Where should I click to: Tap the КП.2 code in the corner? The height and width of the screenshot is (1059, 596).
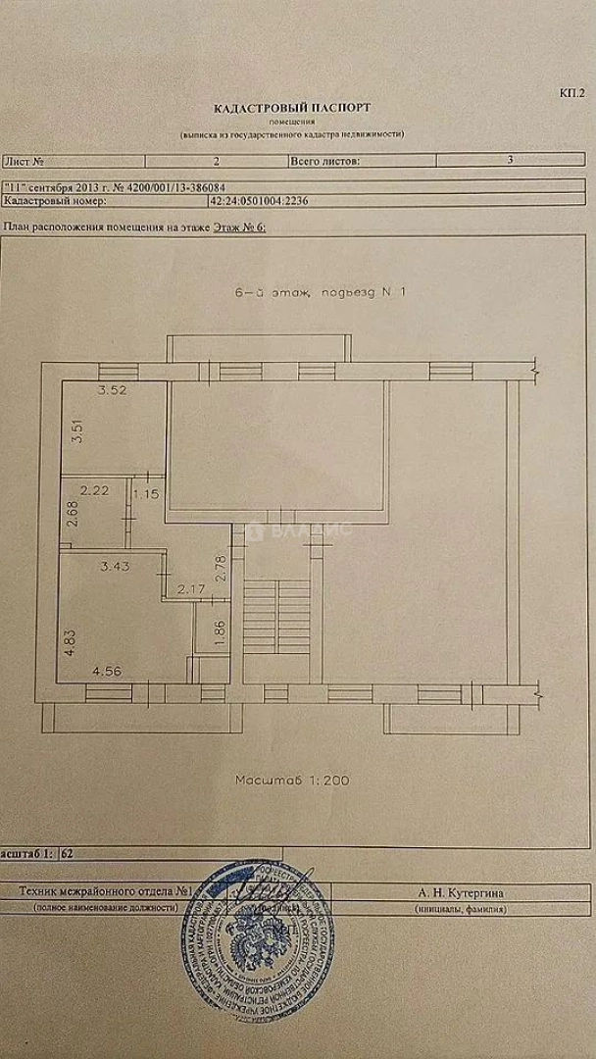(x=571, y=93)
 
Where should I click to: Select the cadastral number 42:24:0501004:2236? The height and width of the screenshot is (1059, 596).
(x=259, y=200)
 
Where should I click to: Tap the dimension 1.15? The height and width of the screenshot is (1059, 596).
(x=147, y=493)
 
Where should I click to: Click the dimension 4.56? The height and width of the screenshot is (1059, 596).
(x=108, y=673)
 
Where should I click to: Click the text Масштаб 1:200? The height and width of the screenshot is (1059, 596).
(x=293, y=781)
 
